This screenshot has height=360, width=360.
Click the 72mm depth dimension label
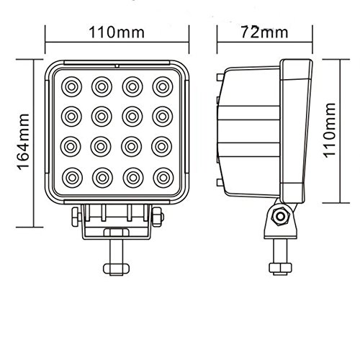(260, 32)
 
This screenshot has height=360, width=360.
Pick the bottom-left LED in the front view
(72, 175)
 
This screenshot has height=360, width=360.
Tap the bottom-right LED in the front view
(161, 175)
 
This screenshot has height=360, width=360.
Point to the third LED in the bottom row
(131, 175)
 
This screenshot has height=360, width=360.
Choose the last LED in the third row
(161, 145)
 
